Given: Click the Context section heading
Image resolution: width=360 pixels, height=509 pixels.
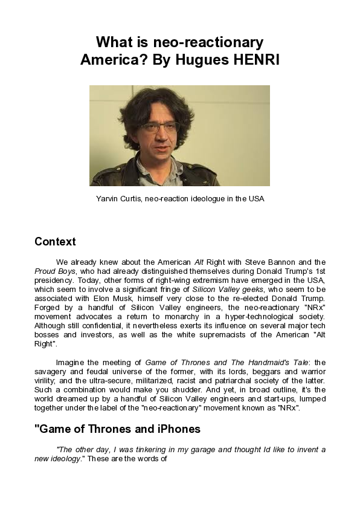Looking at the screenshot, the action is point(55,242).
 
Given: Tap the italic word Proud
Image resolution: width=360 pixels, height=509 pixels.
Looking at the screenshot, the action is point(46,271).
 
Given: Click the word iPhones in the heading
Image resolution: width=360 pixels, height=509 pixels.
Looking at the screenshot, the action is point(176,429).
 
